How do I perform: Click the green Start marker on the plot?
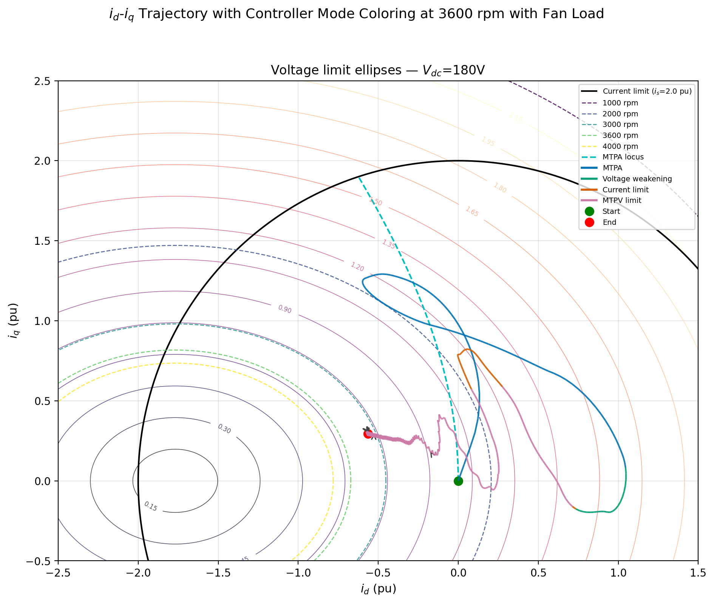458,481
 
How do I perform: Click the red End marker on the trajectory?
368,434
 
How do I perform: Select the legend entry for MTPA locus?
623,157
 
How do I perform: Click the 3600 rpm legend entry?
620,135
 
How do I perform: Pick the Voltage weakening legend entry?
637,179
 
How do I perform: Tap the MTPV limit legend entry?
622,200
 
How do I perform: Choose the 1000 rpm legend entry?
620,103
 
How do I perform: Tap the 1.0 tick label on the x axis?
618,573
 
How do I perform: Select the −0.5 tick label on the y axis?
42,561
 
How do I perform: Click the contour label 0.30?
224,429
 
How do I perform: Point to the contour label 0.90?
285,309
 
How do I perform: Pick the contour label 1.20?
357,267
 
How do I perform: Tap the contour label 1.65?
472,212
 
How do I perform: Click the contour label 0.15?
151,506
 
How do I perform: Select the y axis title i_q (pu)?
14,320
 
